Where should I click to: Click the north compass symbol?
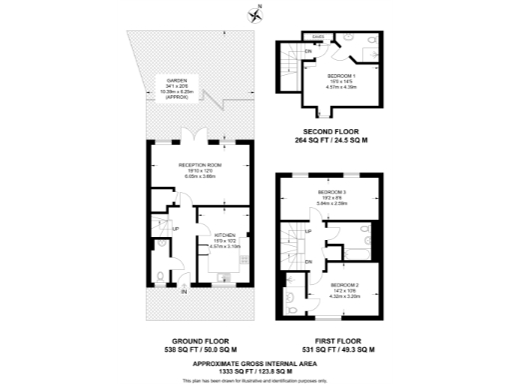tap(255, 13)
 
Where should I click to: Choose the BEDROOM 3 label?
tap(332, 191)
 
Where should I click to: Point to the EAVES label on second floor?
tap(318, 36)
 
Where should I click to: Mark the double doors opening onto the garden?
tap(200, 138)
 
